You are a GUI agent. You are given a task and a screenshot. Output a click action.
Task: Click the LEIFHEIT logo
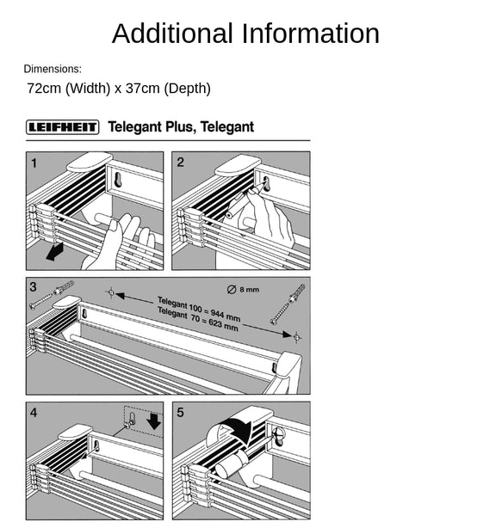[62, 127]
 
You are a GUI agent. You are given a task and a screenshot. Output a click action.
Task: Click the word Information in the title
[311, 34]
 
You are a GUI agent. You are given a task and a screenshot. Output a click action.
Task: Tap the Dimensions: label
[53, 69]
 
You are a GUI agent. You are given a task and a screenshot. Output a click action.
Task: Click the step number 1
[34, 163]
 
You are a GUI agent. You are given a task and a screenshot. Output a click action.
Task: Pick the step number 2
[180, 163]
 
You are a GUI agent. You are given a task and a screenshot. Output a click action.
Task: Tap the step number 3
[33, 287]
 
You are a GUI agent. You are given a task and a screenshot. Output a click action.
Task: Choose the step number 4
[34, 413]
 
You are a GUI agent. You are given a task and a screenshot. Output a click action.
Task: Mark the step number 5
[180, 413]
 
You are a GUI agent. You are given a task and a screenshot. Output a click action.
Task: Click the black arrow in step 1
[54, 252]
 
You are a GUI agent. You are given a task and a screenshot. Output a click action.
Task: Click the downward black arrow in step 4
[154, 421]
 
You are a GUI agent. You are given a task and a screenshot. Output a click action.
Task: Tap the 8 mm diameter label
[243, 289]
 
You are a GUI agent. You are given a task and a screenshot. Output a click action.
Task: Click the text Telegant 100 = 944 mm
[199, 308]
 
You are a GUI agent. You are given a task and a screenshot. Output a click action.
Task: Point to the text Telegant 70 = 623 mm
[198, 318]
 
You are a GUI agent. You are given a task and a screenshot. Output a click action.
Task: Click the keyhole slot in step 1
[118, 179]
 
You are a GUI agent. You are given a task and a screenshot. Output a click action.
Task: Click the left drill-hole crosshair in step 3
[111, 292]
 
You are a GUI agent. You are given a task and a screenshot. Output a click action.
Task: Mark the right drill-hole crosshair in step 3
[297, 336]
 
